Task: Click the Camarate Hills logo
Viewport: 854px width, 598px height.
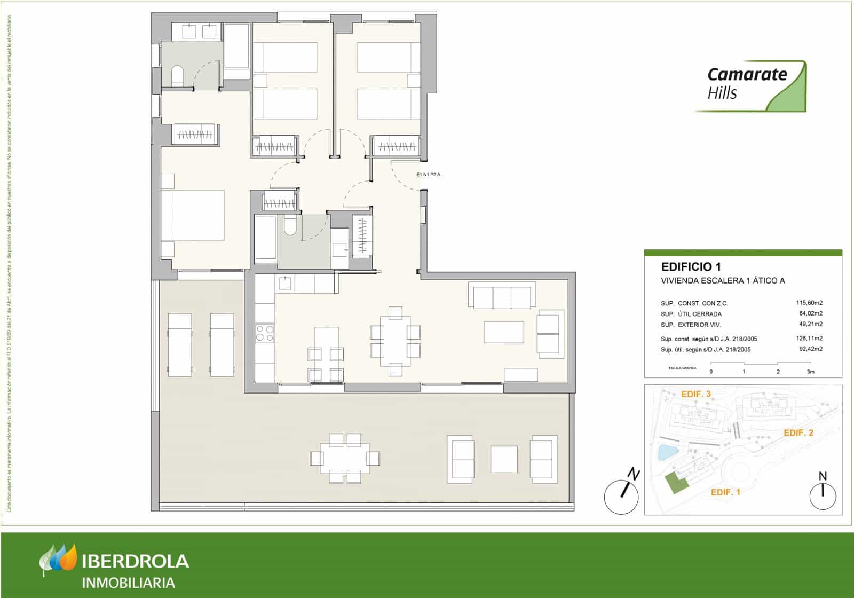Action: tap(750, 85)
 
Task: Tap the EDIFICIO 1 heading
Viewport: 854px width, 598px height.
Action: tap(691, 266)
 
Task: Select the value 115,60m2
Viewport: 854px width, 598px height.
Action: tap(809, 303)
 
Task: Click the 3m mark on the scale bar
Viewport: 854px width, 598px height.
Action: tap(810, 371)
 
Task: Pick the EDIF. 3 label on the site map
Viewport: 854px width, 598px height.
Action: tap(695, 395)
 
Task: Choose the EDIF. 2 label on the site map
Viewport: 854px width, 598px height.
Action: tap(798, 432)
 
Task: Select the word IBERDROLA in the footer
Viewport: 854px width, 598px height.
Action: tap(136, 561)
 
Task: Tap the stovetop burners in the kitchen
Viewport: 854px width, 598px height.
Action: tap(265, 333)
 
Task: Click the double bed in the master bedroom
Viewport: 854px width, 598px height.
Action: tap(193, 215)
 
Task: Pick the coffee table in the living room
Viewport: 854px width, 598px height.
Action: tap(504, 332)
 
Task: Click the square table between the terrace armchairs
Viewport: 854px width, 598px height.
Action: tap(504, 459)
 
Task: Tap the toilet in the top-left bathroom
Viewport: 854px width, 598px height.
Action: tap(177, 76)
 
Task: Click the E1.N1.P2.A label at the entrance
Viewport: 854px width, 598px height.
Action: tap(429, 174)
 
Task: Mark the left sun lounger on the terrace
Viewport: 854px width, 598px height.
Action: tap(180, 345)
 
